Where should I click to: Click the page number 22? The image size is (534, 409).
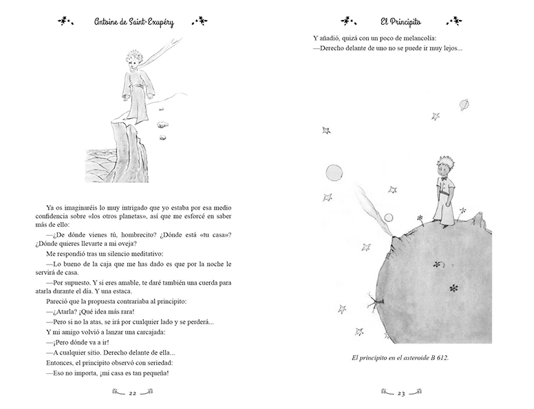(133, 393)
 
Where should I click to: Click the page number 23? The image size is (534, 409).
(401, 393)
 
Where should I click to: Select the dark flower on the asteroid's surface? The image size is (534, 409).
(453, 287)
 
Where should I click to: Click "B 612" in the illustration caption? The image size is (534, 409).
(434, 358)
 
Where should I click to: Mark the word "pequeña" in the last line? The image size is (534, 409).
(153, 374)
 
